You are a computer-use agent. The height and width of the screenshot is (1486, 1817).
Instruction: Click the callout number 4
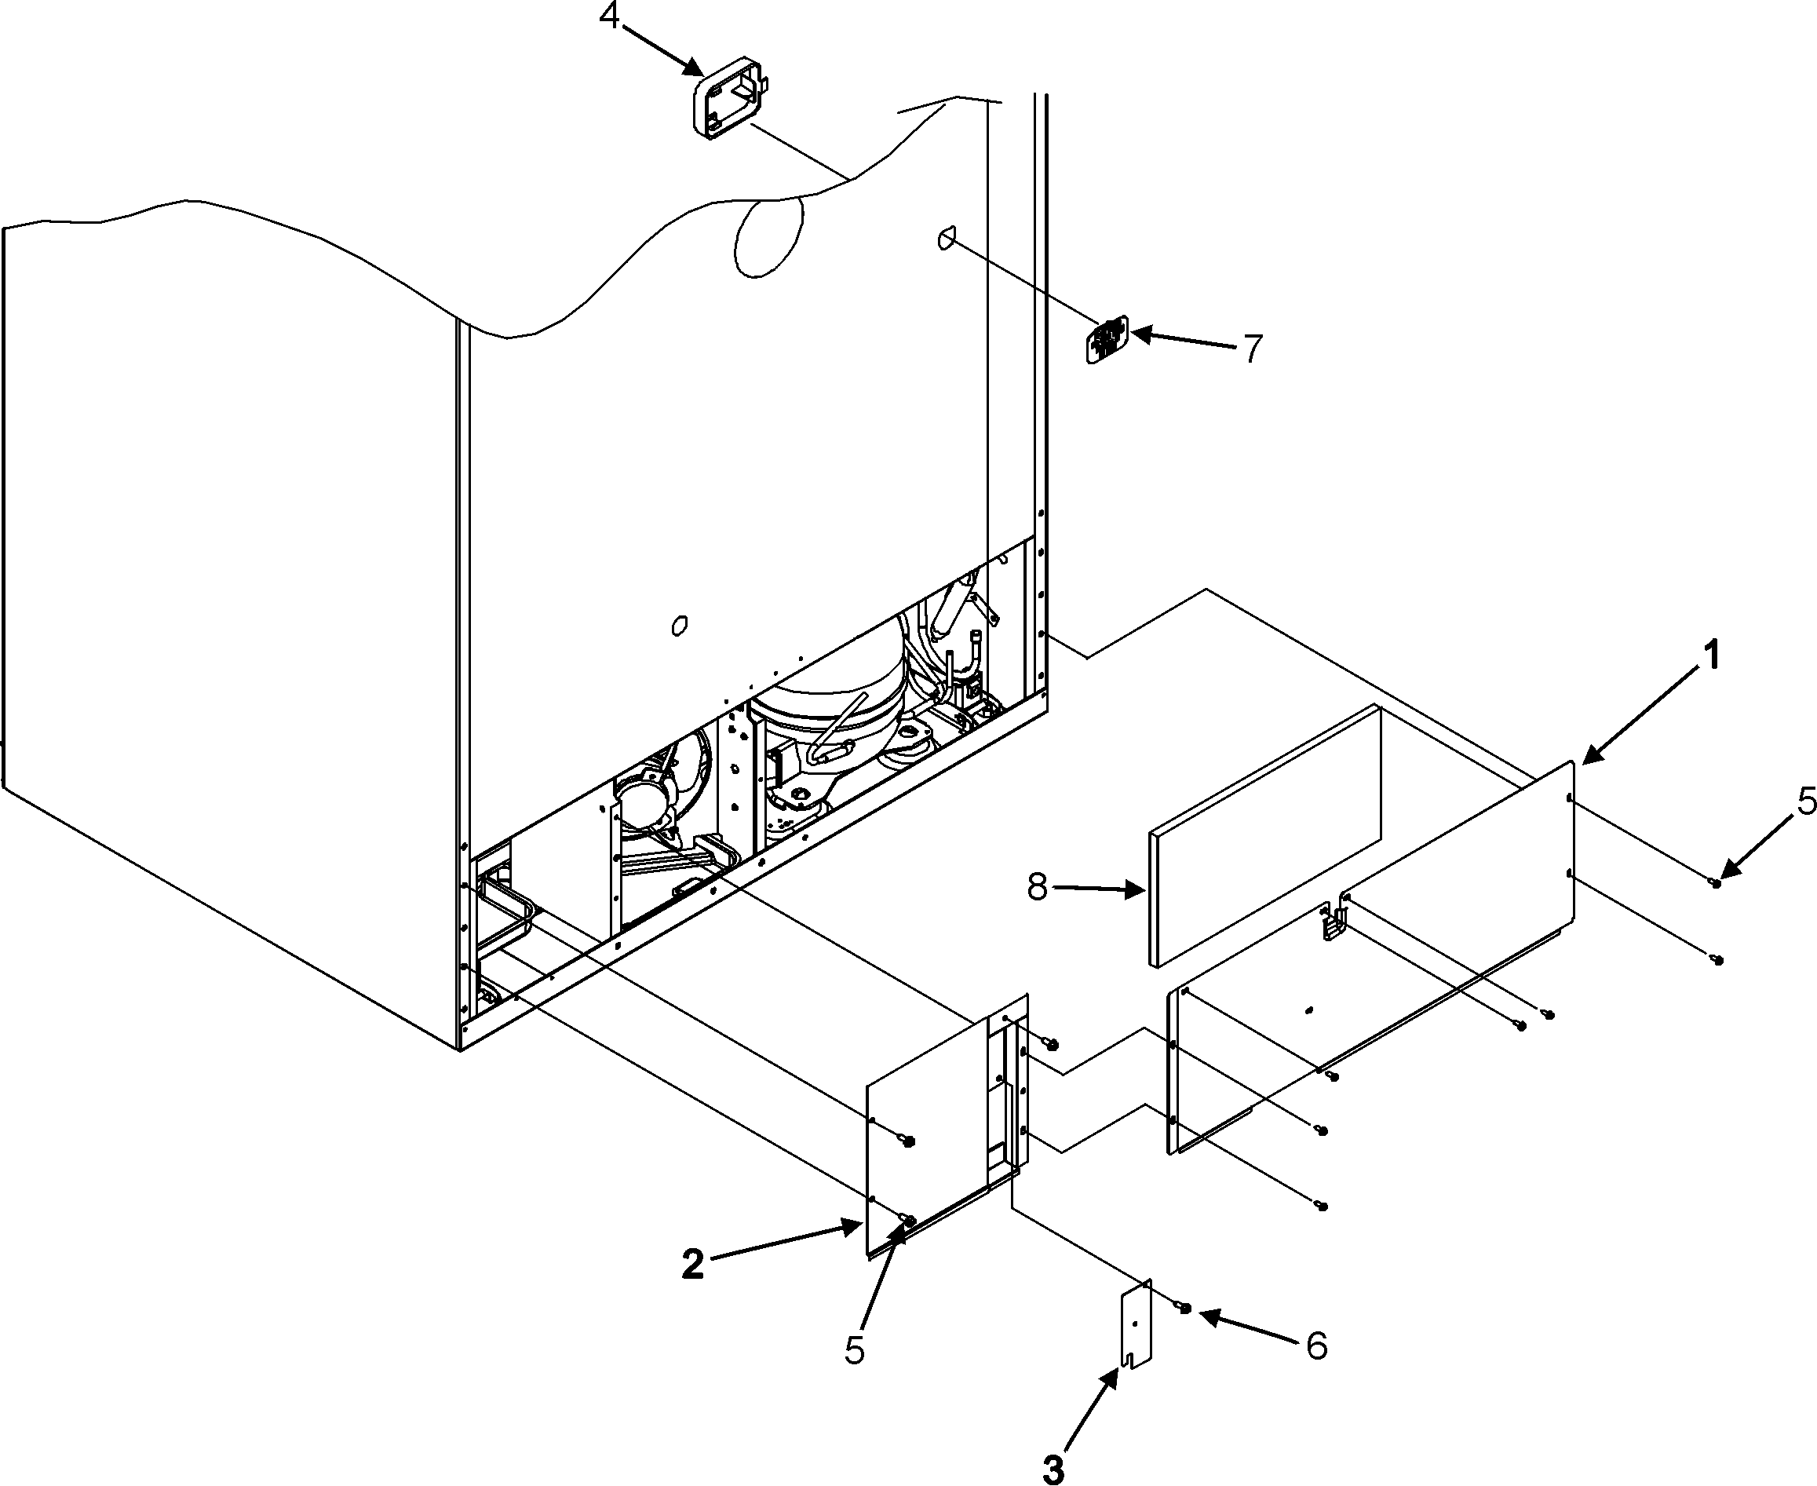pos(608,16)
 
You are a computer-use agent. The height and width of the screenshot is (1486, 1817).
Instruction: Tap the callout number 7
pos(1251,349)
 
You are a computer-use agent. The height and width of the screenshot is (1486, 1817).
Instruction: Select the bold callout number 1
pos(1710,657)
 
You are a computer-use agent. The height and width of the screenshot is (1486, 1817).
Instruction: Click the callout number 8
pos(1037,888)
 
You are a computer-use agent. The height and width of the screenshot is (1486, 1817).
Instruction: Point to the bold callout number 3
pos(1053,1469)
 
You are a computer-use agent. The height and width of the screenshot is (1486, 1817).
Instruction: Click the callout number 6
pos(1316,1345)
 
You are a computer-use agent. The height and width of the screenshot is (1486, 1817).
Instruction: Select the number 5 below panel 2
pos(854,1350)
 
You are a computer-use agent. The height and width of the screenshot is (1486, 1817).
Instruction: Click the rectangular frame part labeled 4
pos(728,103)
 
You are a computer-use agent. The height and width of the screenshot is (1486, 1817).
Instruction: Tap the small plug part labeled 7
pos(1107,341)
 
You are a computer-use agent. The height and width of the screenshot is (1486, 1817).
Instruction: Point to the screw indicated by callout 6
pos(1184,1307)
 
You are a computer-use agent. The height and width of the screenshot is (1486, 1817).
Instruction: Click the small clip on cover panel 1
pos(1333,922)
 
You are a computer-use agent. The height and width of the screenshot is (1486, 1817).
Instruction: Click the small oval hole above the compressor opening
pos(680,626)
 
